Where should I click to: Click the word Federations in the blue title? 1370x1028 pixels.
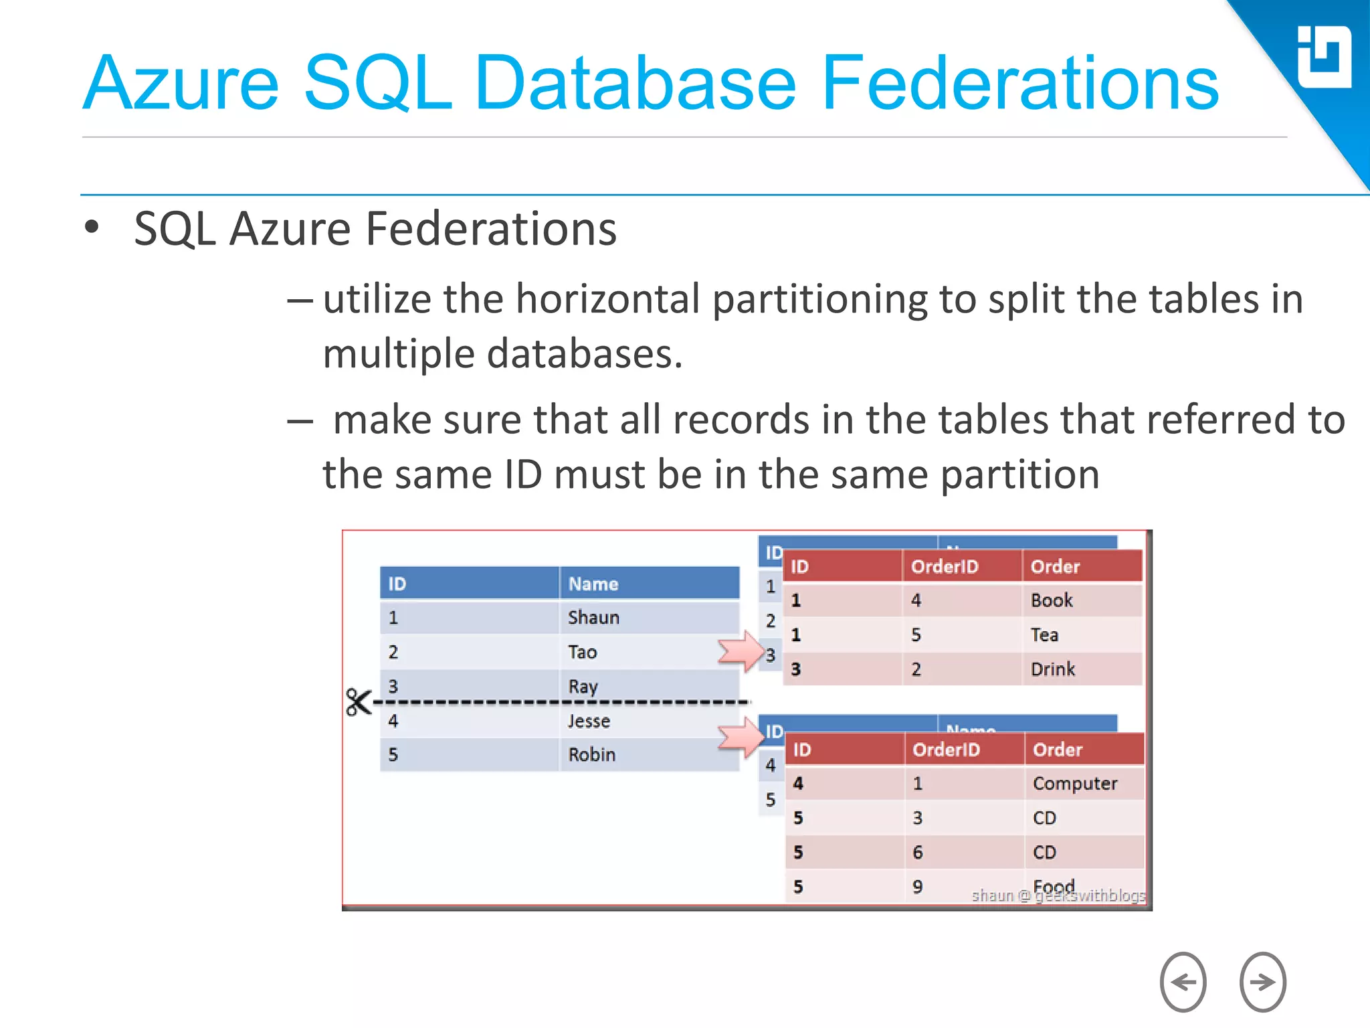click(1019, 84)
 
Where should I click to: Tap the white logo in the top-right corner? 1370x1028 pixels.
click(1323, 57)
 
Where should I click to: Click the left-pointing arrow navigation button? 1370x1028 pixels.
click(1183, 981)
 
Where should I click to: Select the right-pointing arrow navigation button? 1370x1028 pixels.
click(1262, 981)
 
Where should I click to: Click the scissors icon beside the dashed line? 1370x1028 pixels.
click(358, 702)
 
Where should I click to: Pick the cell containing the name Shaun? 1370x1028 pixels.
click(593, 617)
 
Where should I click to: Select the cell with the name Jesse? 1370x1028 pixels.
click(589, 721)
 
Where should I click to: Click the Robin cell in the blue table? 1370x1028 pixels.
click(591, 754)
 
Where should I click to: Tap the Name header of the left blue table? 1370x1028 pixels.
click(593, 584)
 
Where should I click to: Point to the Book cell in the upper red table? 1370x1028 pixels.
click(1052, 600)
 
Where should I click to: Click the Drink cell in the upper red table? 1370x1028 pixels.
click(1053, 669)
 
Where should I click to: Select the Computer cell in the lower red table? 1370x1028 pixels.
click(1074, 783)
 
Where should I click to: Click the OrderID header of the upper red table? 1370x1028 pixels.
click(945, 567)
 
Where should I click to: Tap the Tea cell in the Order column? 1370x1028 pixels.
click(1044, 634)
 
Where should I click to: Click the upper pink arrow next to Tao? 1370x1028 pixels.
click(741, 651)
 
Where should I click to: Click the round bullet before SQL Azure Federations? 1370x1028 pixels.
click(92, 228)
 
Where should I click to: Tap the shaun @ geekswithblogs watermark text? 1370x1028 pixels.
click(1058, 895)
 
